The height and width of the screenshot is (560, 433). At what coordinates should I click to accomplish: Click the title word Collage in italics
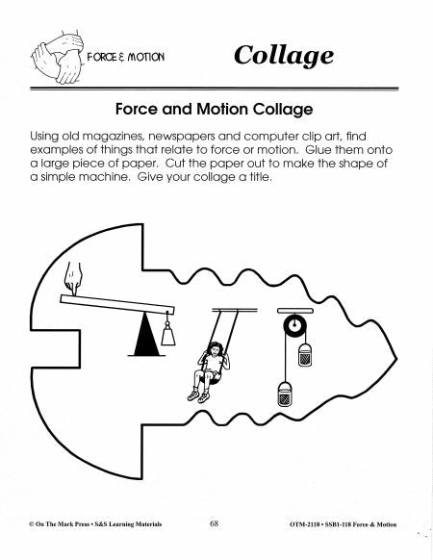pyautogui.click(x=284, y=55)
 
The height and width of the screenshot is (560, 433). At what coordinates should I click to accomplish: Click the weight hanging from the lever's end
pyautogui.click(x=169, y=334)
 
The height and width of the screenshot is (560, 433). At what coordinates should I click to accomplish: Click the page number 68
pyautogui.click(x=213, y=524)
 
